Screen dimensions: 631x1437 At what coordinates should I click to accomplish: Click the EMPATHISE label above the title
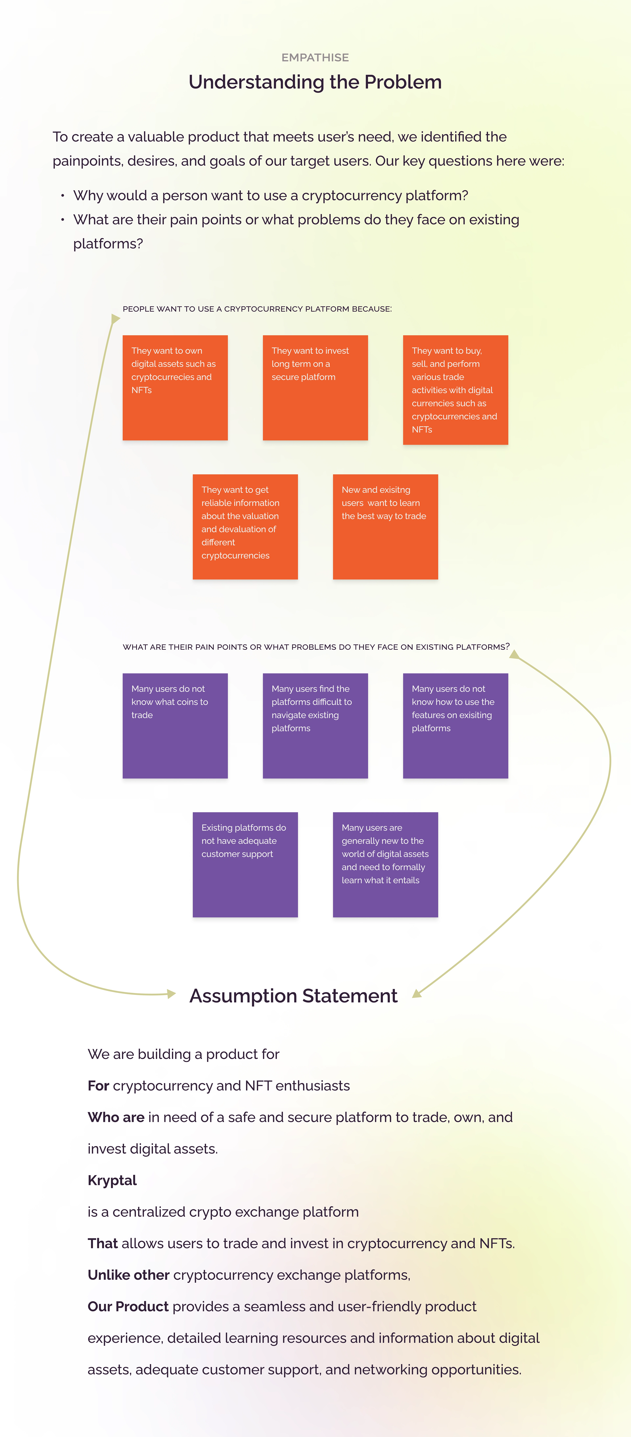[315, 57]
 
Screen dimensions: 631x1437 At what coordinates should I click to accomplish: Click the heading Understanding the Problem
[315, 82]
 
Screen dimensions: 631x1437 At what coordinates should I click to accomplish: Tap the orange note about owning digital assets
[175, 388]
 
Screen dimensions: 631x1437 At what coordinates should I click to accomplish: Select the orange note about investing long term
[315, 388]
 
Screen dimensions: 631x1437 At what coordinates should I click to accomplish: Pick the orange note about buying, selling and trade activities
[455, 390]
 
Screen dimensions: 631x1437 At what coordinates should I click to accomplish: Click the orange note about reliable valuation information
[245, 527]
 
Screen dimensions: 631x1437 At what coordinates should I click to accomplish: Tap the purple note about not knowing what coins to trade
[175, 726]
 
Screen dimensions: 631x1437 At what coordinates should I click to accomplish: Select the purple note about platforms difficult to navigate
[315, 726]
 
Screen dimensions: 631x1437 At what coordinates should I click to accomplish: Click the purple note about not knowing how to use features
[455, 726]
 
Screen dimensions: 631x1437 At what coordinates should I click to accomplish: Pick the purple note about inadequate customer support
[245, 865]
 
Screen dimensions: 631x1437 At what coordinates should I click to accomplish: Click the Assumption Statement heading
[293, 996]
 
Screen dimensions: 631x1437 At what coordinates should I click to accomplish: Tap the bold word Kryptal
[112, 1180]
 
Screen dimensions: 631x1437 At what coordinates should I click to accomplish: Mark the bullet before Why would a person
[62, 196]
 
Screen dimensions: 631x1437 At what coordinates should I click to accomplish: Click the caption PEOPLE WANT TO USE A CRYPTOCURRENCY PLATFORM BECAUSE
[257, 309]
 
